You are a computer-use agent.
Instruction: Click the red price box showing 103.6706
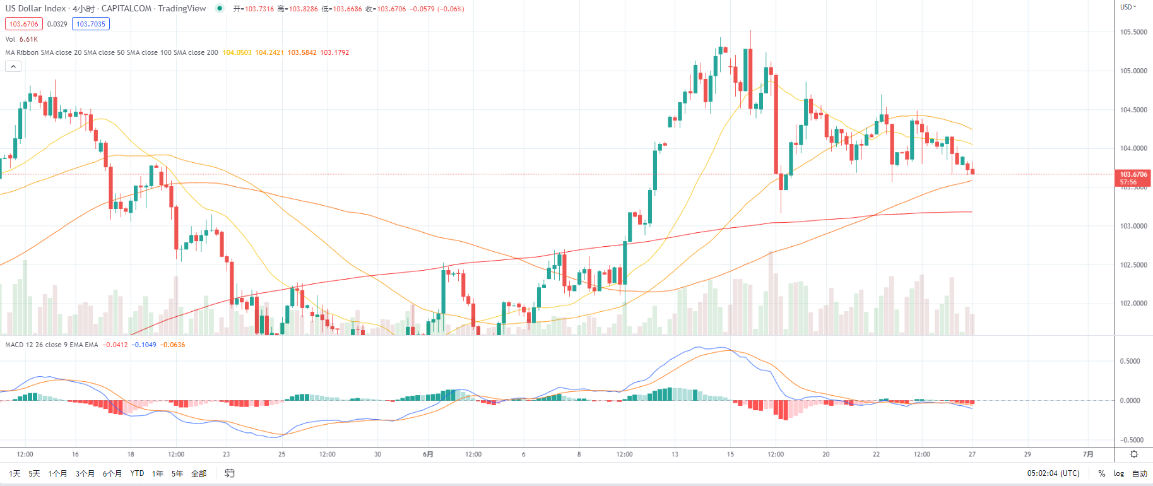(23, 24)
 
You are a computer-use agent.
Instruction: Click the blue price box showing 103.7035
(91, 24)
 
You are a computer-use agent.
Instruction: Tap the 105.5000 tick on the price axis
(1133, 32)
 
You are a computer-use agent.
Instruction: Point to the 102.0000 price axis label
(1133, 304)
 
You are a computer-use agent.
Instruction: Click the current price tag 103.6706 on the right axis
(1133, 175)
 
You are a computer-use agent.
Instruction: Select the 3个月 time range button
(85, 473)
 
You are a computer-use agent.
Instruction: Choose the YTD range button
(137, 473)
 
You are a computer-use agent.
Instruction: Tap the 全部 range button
(199, 473)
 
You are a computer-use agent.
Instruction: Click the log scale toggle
(1118, 473)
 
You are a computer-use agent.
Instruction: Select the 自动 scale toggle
(1139, 473)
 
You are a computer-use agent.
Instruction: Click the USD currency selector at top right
(1128, 7)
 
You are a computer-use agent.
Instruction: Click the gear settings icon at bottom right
(1133, 454)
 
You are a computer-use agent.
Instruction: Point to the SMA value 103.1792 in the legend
(334, 53)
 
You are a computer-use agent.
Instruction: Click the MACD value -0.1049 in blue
(144, 345)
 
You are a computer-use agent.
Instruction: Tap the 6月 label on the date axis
(428, 454)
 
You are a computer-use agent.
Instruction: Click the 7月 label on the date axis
(1088, 454)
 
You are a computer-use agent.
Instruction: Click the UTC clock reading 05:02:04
(1053, 473)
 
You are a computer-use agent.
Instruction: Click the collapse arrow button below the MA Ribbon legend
(13, 66)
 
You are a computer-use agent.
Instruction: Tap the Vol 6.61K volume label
(21, 39)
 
